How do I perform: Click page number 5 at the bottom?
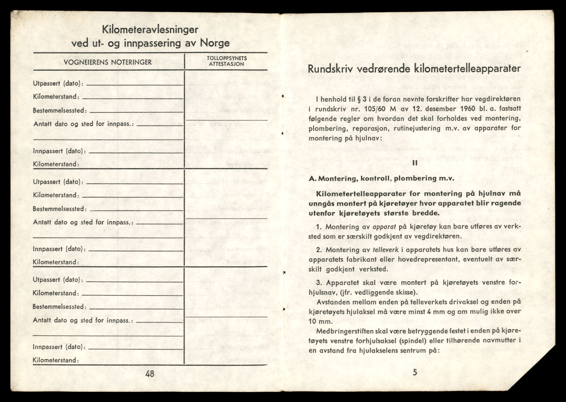point(415,373)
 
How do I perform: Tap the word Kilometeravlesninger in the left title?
point(150,30)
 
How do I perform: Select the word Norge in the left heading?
point(215,43)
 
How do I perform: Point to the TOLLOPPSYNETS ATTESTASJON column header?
point(226,61)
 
